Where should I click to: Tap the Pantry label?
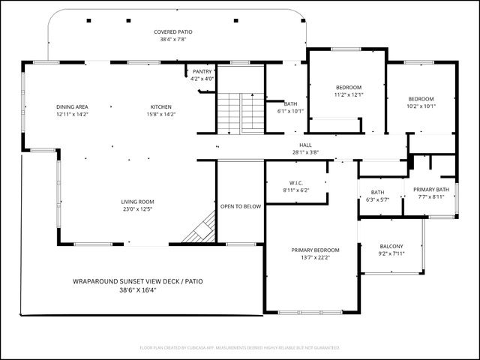pos(202,71)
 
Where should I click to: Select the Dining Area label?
pos(72,107)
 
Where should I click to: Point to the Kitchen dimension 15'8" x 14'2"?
pos(160,115)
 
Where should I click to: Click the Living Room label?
pos(138,202)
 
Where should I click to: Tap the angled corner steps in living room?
pos(200,229)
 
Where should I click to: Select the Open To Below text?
pos(241,206)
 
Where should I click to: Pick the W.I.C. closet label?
pos(295,183)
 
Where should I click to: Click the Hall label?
pos(305,145)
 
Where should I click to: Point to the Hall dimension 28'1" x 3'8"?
pos(305,152)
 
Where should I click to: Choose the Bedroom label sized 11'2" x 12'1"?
pos(348,87)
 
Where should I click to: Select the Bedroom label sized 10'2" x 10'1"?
pos(421,99)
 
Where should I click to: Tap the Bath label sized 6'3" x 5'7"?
pos(376,192)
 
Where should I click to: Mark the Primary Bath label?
pos(431,189)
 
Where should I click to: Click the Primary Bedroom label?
pos(315,250)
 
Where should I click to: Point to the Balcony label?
pos(391,246)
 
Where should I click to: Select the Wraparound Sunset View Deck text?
pos(137,281)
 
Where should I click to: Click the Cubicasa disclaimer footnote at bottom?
pos(240,348)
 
